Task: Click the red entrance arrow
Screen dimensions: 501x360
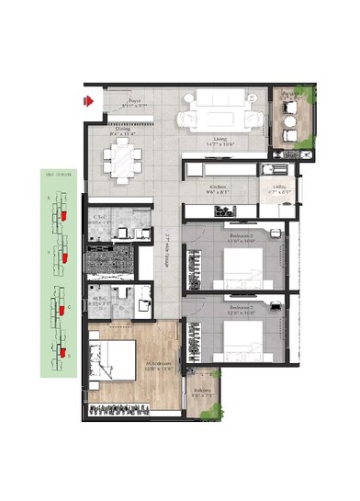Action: click(x=89, y=100)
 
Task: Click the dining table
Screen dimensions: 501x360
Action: click(x=122, y=163)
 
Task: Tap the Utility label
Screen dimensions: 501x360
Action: click(x=280, y=189)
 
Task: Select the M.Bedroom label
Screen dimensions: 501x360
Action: click(x=135, y=367)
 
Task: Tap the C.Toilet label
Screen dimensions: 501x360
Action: click(x=100, y=221)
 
